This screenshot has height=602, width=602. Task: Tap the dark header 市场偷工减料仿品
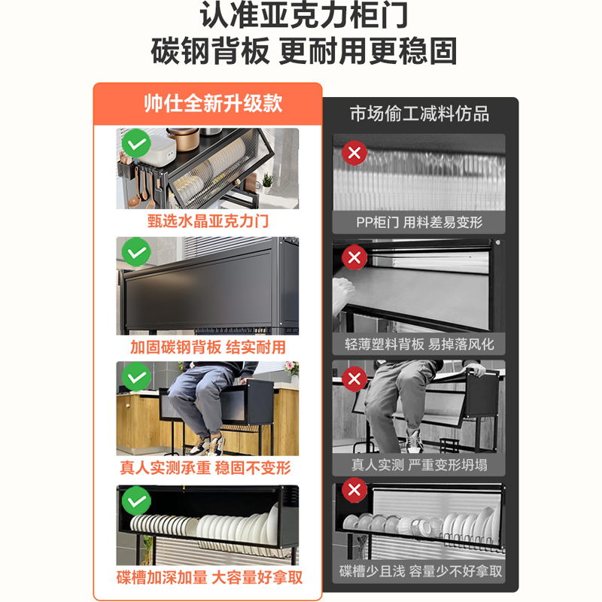point(419,114)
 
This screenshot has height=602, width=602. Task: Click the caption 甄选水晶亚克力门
point(208,222)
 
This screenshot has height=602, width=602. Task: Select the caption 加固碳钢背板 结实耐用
point(208,348)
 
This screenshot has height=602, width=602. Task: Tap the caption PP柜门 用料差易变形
point(419,222)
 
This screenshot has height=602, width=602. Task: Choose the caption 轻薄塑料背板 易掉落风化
point(419,344)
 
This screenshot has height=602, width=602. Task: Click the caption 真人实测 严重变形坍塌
point(419,464)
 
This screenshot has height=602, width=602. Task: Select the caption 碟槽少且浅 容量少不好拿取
point(419,572)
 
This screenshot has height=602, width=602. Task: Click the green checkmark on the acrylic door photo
point(136,143)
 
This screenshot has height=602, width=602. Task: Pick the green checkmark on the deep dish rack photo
point(136,500)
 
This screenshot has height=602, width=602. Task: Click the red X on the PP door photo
point(354,154)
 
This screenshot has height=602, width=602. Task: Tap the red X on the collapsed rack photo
point(354,379)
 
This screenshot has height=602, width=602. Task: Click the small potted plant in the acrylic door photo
point(266,183)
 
